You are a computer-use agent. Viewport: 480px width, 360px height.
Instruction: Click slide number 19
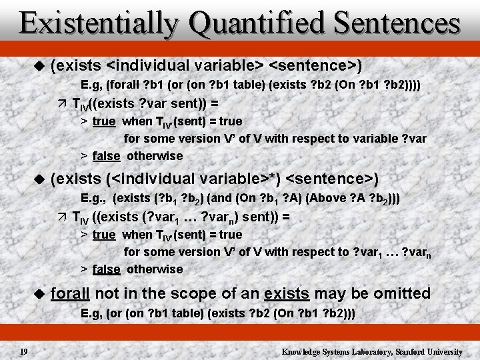(x=23, y=351)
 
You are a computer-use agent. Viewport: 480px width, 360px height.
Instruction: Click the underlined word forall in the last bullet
(x=71, y=293)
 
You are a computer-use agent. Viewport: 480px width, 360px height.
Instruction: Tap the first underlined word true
(x=104, y=121)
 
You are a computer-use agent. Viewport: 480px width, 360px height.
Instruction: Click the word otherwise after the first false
(x=155, y=156)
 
